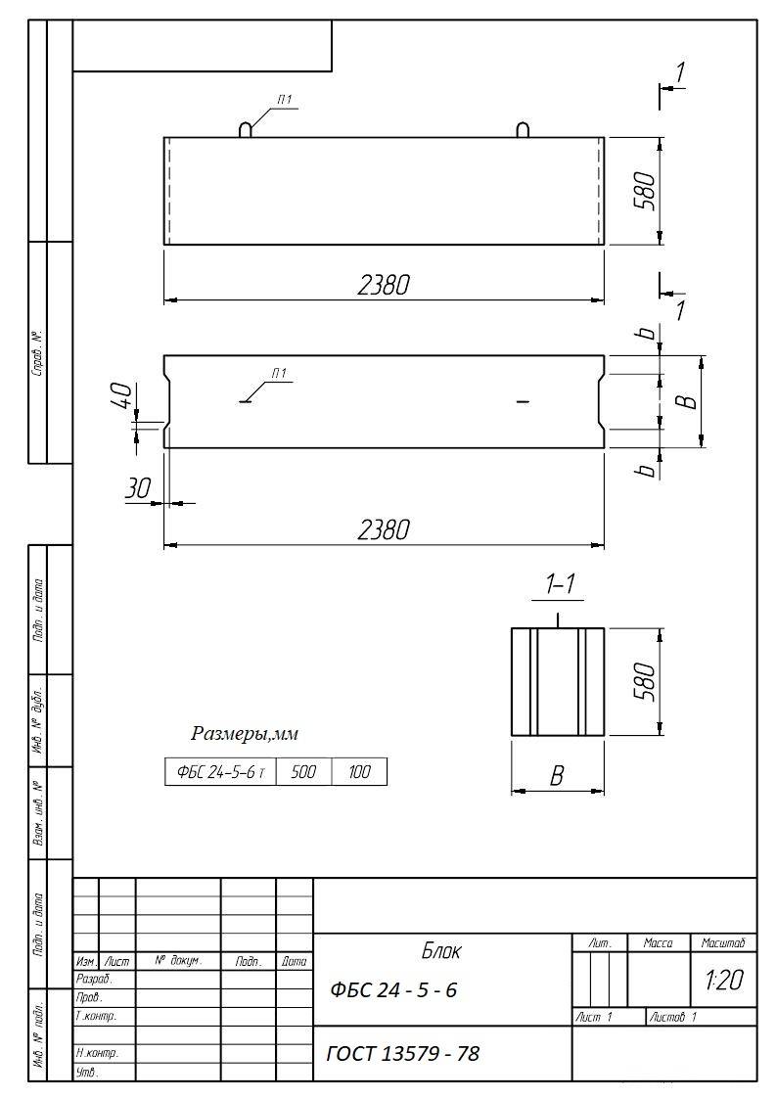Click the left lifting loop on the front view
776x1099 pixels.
(246, 130)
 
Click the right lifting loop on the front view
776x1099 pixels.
(523, 130)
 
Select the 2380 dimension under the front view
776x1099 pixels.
(384, 285)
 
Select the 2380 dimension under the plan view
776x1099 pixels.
(384, 529)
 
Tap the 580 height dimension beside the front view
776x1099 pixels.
(646, 191)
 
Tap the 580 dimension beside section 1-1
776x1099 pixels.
(646, 681)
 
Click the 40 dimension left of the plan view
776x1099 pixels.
(121, 396)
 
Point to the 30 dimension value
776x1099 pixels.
(138, 487)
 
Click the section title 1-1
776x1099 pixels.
(560, 584)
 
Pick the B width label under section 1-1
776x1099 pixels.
(557, 776)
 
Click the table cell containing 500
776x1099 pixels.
(303, 772)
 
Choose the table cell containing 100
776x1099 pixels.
(359, 772)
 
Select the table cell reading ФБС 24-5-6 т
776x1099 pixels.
(221, 772)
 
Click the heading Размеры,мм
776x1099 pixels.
(245, 734)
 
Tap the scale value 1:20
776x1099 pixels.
(724, 980)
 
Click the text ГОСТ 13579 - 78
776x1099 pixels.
(403, 1053)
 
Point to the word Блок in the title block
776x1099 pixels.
(441, 951)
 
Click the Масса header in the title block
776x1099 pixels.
(659, 943)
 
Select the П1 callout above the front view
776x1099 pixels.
(284, 101)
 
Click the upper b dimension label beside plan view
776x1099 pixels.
(649, 332)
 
